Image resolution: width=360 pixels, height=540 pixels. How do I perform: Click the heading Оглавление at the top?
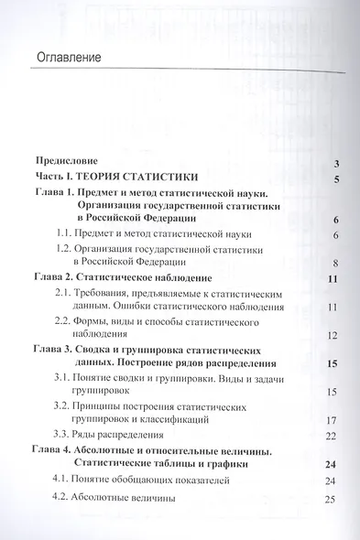tap(71, 59)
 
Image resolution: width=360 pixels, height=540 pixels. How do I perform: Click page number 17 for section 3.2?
tap(334, 421)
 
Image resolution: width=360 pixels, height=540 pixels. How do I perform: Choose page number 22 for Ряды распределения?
tap(334, 436)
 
